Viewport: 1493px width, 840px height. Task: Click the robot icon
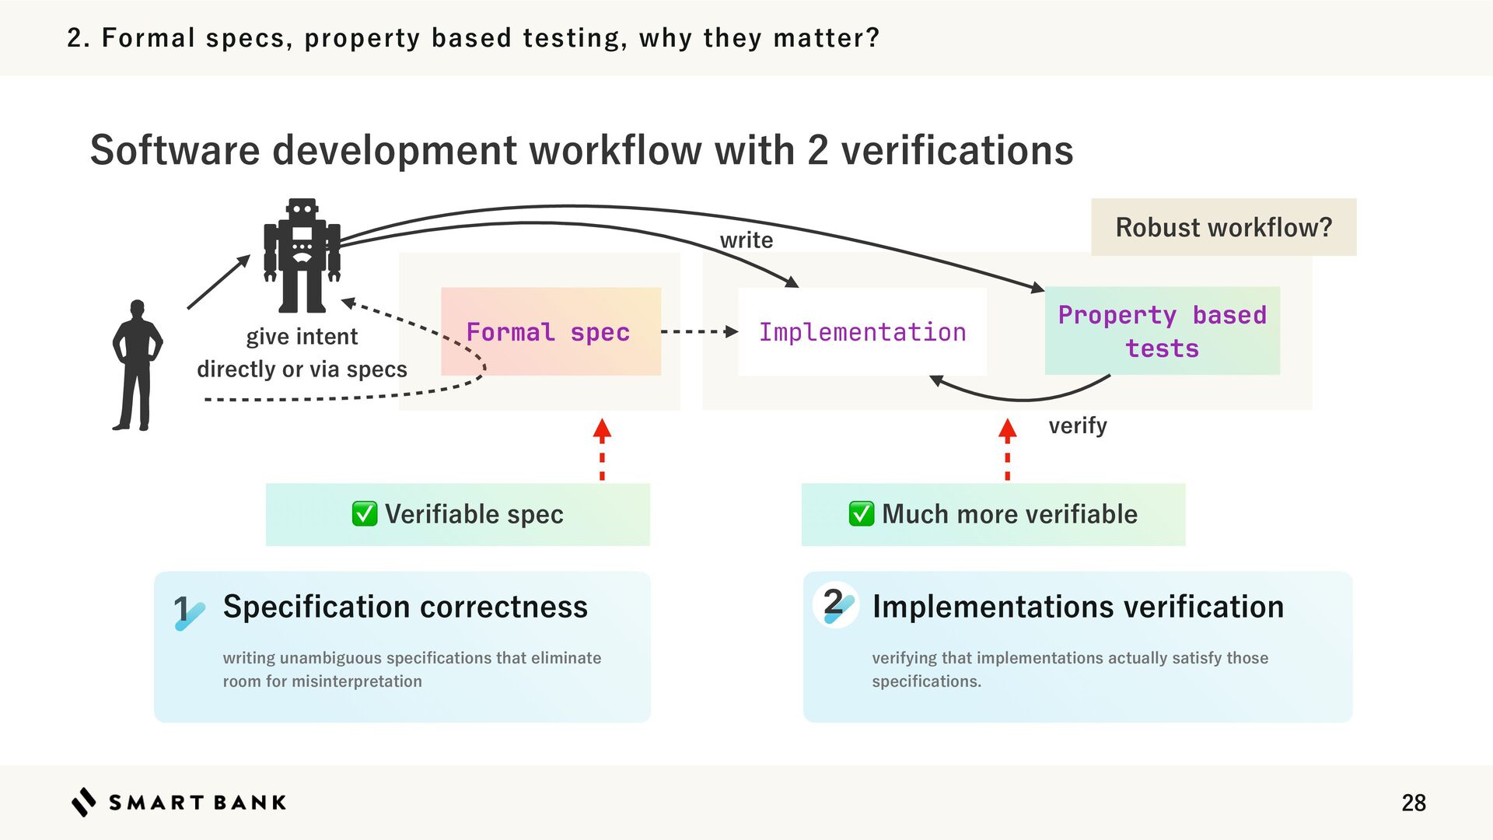302,255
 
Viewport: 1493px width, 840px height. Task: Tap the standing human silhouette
138,366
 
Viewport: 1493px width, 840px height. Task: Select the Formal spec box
551,332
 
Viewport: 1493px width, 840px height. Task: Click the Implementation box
862,332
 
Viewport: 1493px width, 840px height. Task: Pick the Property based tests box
1162,331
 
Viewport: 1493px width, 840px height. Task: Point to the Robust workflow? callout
1223,227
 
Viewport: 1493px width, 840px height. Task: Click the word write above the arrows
746,240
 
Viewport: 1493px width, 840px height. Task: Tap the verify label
1077,425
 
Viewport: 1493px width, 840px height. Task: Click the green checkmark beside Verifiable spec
365,514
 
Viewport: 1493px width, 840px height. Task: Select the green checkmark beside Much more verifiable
861,514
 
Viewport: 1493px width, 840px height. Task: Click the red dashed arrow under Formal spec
602,450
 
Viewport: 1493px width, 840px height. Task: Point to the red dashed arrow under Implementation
1007,450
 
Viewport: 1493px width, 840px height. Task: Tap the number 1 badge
187,611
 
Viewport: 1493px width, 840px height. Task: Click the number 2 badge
836,604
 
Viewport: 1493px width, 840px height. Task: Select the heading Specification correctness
405,607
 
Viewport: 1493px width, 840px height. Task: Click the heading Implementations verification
1078,607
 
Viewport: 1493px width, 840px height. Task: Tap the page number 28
1413,803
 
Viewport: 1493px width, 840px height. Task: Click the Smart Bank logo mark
84,802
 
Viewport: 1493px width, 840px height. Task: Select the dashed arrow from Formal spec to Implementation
698,332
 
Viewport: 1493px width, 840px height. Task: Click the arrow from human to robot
219,282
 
